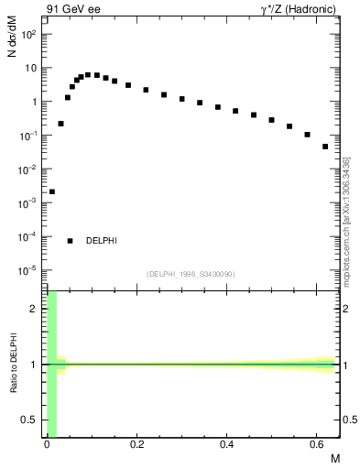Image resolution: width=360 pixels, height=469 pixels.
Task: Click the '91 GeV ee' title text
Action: coord(71,10)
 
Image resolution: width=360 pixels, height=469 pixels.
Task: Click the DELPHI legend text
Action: coord(102,241)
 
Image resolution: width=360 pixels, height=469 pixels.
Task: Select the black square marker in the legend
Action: coord(71,241)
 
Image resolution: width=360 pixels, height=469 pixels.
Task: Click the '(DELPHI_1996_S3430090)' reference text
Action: coord(191,274)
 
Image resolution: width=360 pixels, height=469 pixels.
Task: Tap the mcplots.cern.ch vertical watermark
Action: coord(347,220)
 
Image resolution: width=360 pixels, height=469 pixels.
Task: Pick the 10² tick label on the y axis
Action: coord(28,35)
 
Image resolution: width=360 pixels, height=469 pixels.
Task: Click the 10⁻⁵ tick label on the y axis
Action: coord(28,271)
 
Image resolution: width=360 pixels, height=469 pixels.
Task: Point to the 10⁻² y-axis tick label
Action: coord(28,169)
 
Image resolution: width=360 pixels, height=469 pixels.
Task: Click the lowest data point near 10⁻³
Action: coord(52,191)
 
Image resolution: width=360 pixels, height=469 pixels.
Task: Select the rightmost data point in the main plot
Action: coord(325,146)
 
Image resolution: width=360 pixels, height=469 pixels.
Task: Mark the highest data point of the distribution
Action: coord(88,74)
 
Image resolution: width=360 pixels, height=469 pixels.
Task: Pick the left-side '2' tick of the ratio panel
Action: coord(36,309)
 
